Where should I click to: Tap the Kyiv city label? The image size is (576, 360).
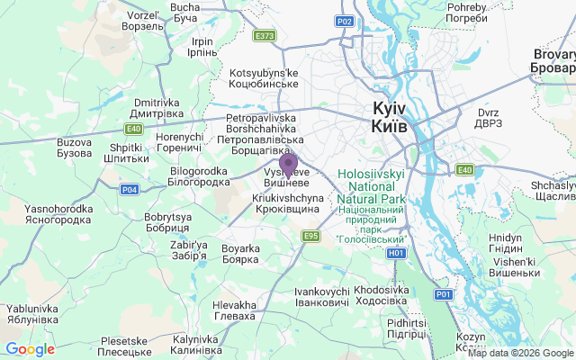coord(389,118)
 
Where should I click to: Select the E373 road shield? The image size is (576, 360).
coord(265,36)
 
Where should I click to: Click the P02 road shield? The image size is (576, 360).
coord(344,20)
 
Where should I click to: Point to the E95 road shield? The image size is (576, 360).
coord(311,236)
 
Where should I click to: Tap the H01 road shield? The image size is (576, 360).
coord(397,253)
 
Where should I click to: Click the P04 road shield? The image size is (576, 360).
coord(130,189)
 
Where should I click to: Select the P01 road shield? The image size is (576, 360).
coord(443,294)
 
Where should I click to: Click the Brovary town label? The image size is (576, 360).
coord(552,61)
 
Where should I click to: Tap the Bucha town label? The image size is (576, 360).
coord(184,13)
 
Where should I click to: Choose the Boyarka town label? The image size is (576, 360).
coord(240,254)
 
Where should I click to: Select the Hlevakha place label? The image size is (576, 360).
coord(234,310)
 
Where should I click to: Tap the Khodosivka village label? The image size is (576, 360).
coord(382,296)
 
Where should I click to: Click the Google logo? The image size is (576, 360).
coord(30,349)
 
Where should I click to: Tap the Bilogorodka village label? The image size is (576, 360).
coord(198,176)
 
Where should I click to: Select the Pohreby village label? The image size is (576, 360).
coord(467,13)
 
